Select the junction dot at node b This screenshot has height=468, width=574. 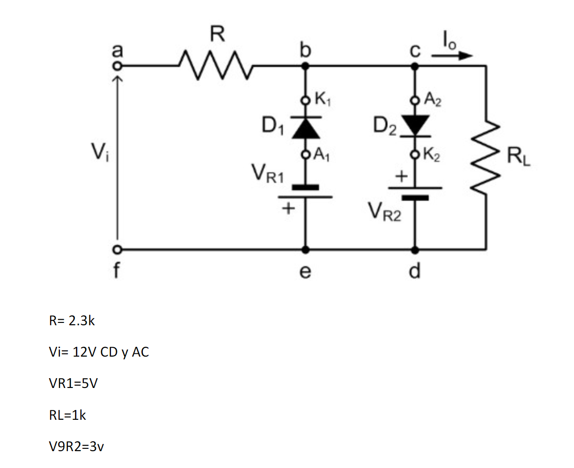point(306,66)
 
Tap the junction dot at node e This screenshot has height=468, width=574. point(306,249)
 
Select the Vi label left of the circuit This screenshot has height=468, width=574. point(99,151)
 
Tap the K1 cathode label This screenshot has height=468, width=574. point(323,99)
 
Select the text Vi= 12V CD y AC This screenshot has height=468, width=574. point(99,352)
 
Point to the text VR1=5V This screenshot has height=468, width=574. point(73,384)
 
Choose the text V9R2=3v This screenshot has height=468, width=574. point(76,446)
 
